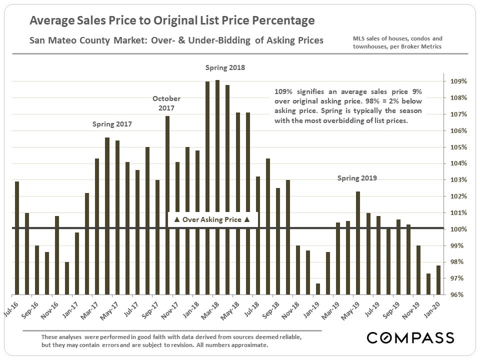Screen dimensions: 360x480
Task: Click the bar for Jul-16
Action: coord(17,237)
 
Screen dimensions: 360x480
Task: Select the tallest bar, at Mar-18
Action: coord(217,187)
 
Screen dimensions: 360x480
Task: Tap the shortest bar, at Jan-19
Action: coord(318,289)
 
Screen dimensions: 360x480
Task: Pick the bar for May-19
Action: coord(358,243)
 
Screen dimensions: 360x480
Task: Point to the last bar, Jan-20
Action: coord(438,279)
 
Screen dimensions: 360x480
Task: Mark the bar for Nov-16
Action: coord(57,255)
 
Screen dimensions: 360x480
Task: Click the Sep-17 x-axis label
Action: coord(151,306)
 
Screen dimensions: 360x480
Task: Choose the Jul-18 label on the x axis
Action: coord(251,306)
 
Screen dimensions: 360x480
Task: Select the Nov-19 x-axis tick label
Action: coord(412,306)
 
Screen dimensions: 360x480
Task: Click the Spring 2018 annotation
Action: coord(225,67)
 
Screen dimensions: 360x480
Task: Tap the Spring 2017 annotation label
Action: coord(112,123)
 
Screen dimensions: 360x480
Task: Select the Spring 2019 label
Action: coord(357,177)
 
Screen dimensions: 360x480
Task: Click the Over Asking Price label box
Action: coord(211,219)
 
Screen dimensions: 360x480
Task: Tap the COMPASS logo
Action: coord(410,337)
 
